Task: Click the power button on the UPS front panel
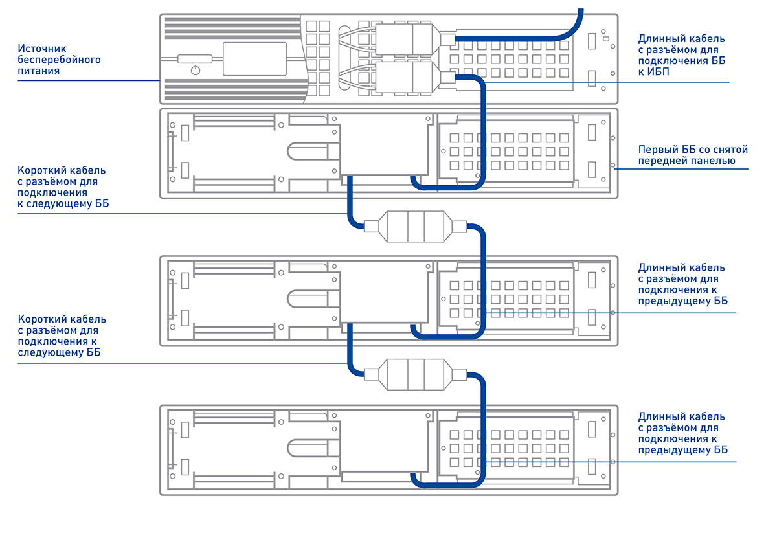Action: (x=196, y=69)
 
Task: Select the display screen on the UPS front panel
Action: (x=254, y=58)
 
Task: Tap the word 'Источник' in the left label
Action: (x=41, y=49)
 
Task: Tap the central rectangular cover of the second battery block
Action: (x=383, y=293)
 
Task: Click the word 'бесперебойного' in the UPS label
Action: (x=59, y=60)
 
